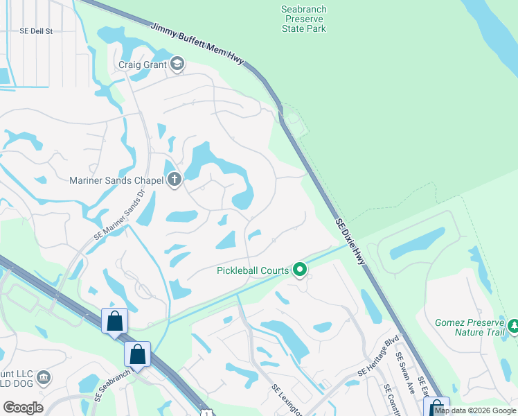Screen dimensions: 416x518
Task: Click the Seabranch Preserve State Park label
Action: (x=304, y=19)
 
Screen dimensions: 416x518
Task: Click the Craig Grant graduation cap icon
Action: (x=177, y=64)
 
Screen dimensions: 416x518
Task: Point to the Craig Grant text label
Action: (x=142, y=64)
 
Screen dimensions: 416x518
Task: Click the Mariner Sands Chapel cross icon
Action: (x=175, y=181)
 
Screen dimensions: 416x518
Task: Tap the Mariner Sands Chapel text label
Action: (x=116, y=181)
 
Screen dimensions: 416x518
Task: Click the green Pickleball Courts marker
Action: (x=300, y=269)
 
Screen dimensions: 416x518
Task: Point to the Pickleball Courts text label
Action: (x=252, y=269)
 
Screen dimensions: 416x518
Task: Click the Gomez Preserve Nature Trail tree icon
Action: (x=513, y=325)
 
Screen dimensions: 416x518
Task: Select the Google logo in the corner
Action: (x=23, y=408)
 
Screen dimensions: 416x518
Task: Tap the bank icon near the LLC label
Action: (x=44, y=378)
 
